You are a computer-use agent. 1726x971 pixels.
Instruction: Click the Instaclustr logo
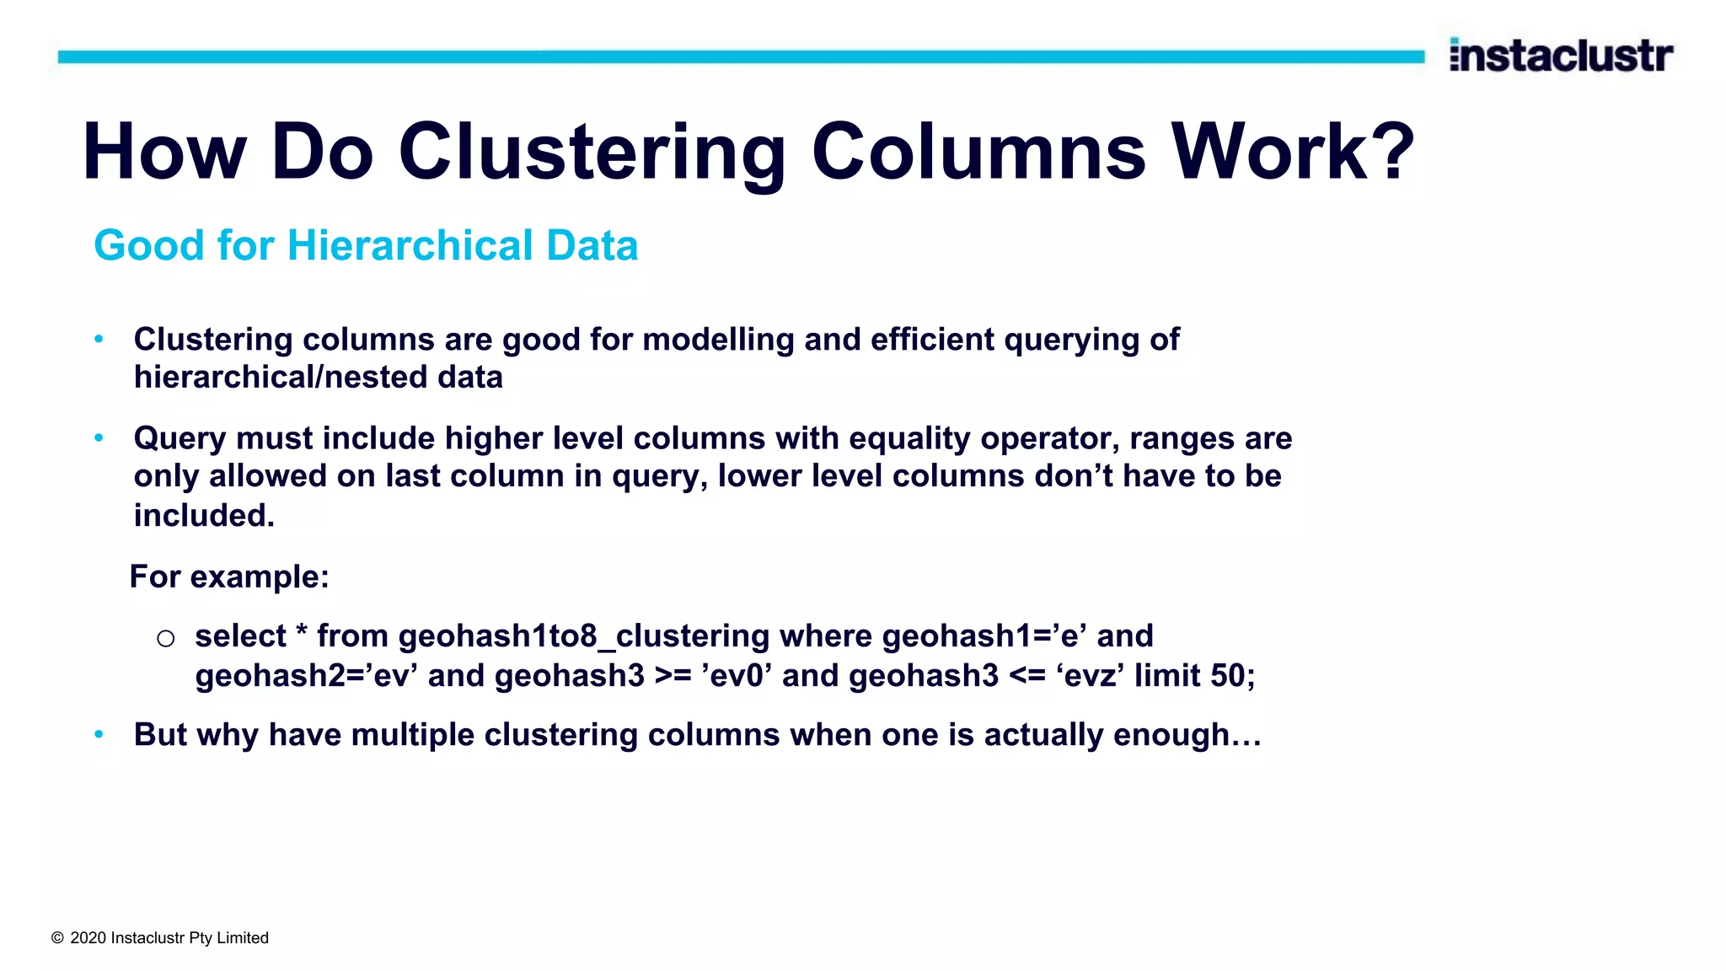coord(1561,56)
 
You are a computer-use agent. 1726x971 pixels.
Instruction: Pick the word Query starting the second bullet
coord(180,438)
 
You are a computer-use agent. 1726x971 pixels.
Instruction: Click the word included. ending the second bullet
coord(204,515)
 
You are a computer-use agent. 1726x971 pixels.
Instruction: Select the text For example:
coord(229,577)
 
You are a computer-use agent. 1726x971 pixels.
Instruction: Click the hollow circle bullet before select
coord(165,638)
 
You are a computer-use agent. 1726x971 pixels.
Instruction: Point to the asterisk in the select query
coord(301,634)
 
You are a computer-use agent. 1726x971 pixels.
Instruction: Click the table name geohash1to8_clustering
coord(584,636)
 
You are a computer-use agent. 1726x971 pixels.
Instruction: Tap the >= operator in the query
coord(673,676)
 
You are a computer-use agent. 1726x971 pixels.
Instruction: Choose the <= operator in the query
coord(1027,676)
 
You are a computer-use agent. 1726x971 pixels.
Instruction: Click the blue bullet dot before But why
coord(99,734)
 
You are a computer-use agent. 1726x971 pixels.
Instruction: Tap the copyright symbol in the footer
coord(57,938)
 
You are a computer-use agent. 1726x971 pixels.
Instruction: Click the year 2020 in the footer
coord(88,938)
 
